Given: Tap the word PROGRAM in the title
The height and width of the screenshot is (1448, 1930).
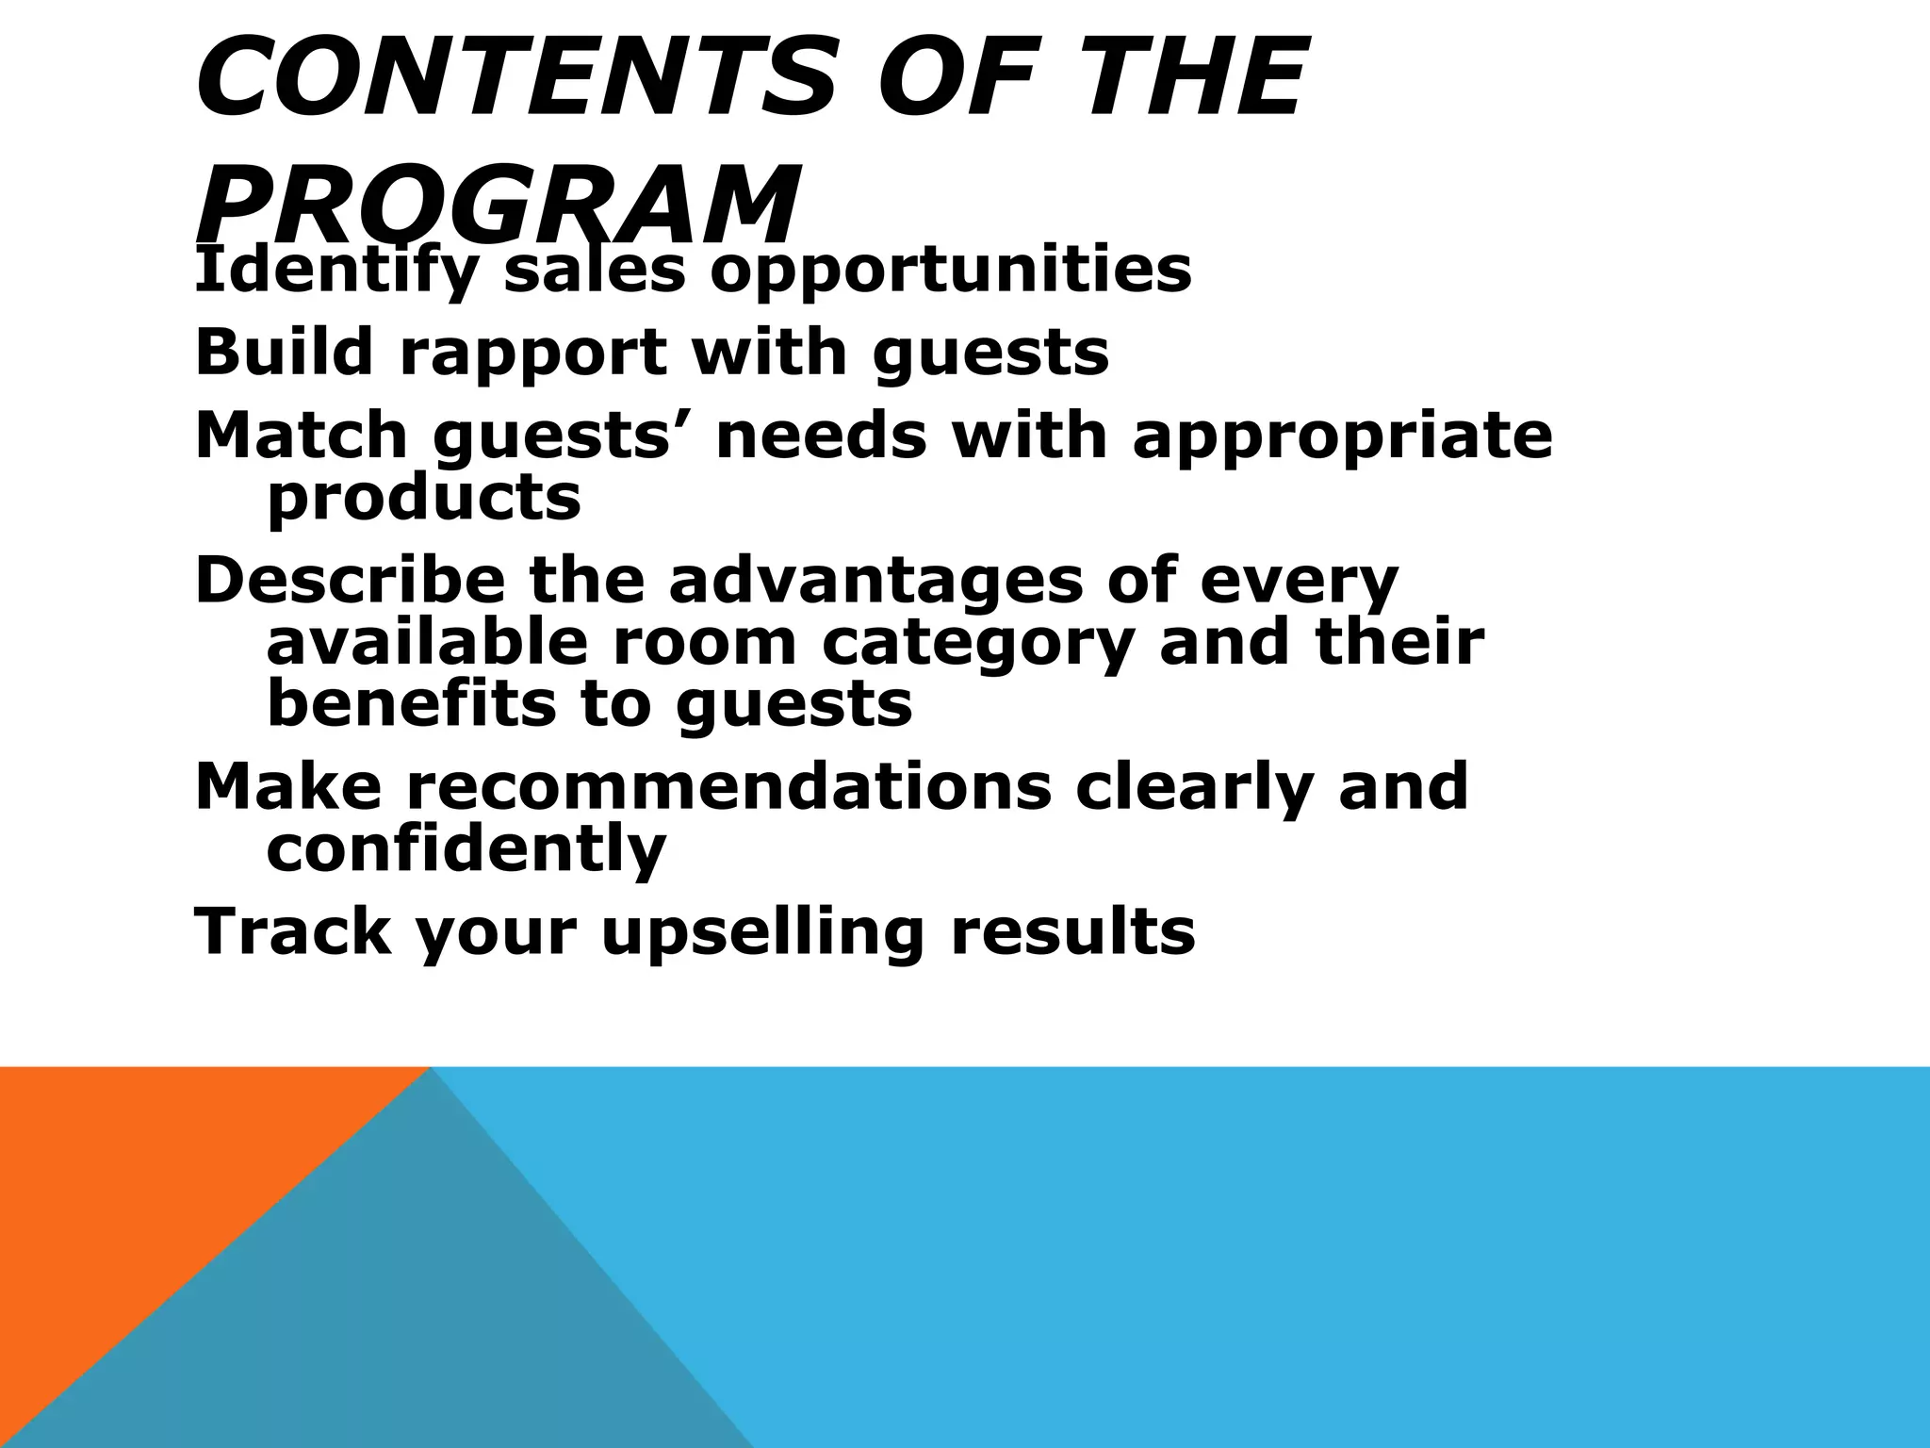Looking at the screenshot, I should [x=498, y=204].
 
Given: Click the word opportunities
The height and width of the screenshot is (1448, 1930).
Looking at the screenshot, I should [x=951, y=271].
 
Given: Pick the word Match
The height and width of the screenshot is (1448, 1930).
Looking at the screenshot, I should [x=301, y=436].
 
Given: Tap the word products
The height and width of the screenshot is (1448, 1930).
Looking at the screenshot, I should [x=424, y=500].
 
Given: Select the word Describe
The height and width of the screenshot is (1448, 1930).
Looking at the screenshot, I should [x=350, y=581].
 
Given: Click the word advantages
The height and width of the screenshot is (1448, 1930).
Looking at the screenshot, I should [x=876, y=583].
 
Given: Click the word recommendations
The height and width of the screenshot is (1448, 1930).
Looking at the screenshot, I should [x=728, y=786].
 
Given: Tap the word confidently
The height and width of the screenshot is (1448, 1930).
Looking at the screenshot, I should [x=466, y=850].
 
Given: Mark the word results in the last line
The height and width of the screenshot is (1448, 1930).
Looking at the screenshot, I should [x=1072, y=931].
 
